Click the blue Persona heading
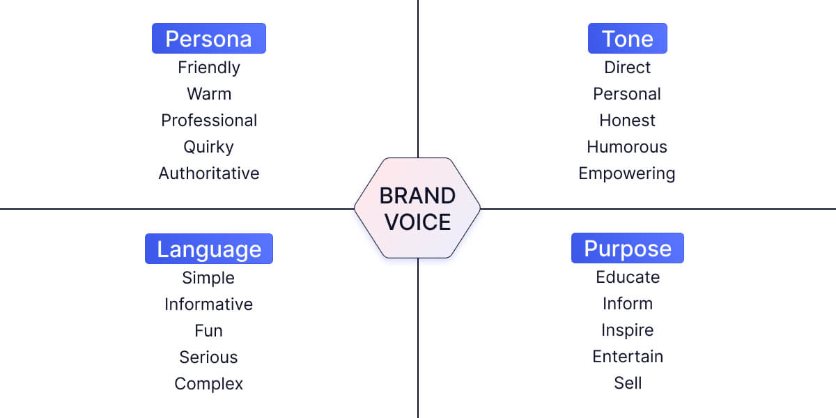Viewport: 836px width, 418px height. pyautogui.click(x=209, y=38)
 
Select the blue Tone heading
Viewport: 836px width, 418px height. pyautogui.click(x=627, y=38)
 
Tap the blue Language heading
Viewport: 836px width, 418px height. pyautogui.click(x=209, y=249)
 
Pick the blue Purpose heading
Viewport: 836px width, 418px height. pyautogui.click(x=627, y=248)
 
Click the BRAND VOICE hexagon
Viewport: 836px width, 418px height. pyautogui.click(x=417, y=208)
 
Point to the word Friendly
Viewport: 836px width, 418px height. pyautogui.click(x=209, y=68)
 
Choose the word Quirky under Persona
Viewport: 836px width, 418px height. pyautogui.click(x=209, y=147)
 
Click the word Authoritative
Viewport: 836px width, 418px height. pyautogui.click(x=209, y=173)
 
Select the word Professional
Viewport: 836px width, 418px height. pyautogui.click(x=209, y=121)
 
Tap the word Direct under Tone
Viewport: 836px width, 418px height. pyautogui.click(x=627, y=68)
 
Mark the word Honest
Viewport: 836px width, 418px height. pyautogui.click(x=627, y=121)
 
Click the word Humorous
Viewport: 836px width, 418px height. pyautogui.click(x=627, y=147)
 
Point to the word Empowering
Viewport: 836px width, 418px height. pyautogui.click(x=627, y=173)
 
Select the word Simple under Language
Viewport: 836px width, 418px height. pyautogui.click(x=209, y=278)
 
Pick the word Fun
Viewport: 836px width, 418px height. pyautogui.click(x=209, y=331)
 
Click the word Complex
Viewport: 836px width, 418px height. pyautogui.click(x=209, y=384)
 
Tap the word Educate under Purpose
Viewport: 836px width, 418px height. pyautogui.click(x=627, y=277)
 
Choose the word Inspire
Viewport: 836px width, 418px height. pyautogui.click(x=627, y=330)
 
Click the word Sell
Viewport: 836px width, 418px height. pyautogui.click(x=627, y=383)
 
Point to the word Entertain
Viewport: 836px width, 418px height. pyautogui.click(x=627, y=357)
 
